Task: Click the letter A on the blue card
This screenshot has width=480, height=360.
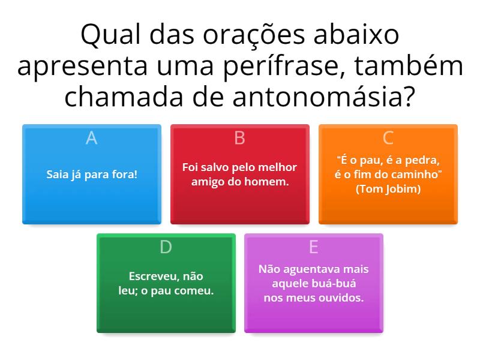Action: click(91, 138)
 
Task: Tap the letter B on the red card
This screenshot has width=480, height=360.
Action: click(239, 138)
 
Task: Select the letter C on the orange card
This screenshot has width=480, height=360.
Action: click(388, 138)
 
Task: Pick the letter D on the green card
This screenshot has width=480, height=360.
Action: click(166, 247)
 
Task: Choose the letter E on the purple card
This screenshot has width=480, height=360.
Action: click(313, 247)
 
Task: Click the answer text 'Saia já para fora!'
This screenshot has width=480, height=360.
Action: click(92, 175)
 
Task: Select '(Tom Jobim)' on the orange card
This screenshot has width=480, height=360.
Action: click(388, 189)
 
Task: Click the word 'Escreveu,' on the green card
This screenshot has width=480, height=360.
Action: click(151, 277)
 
